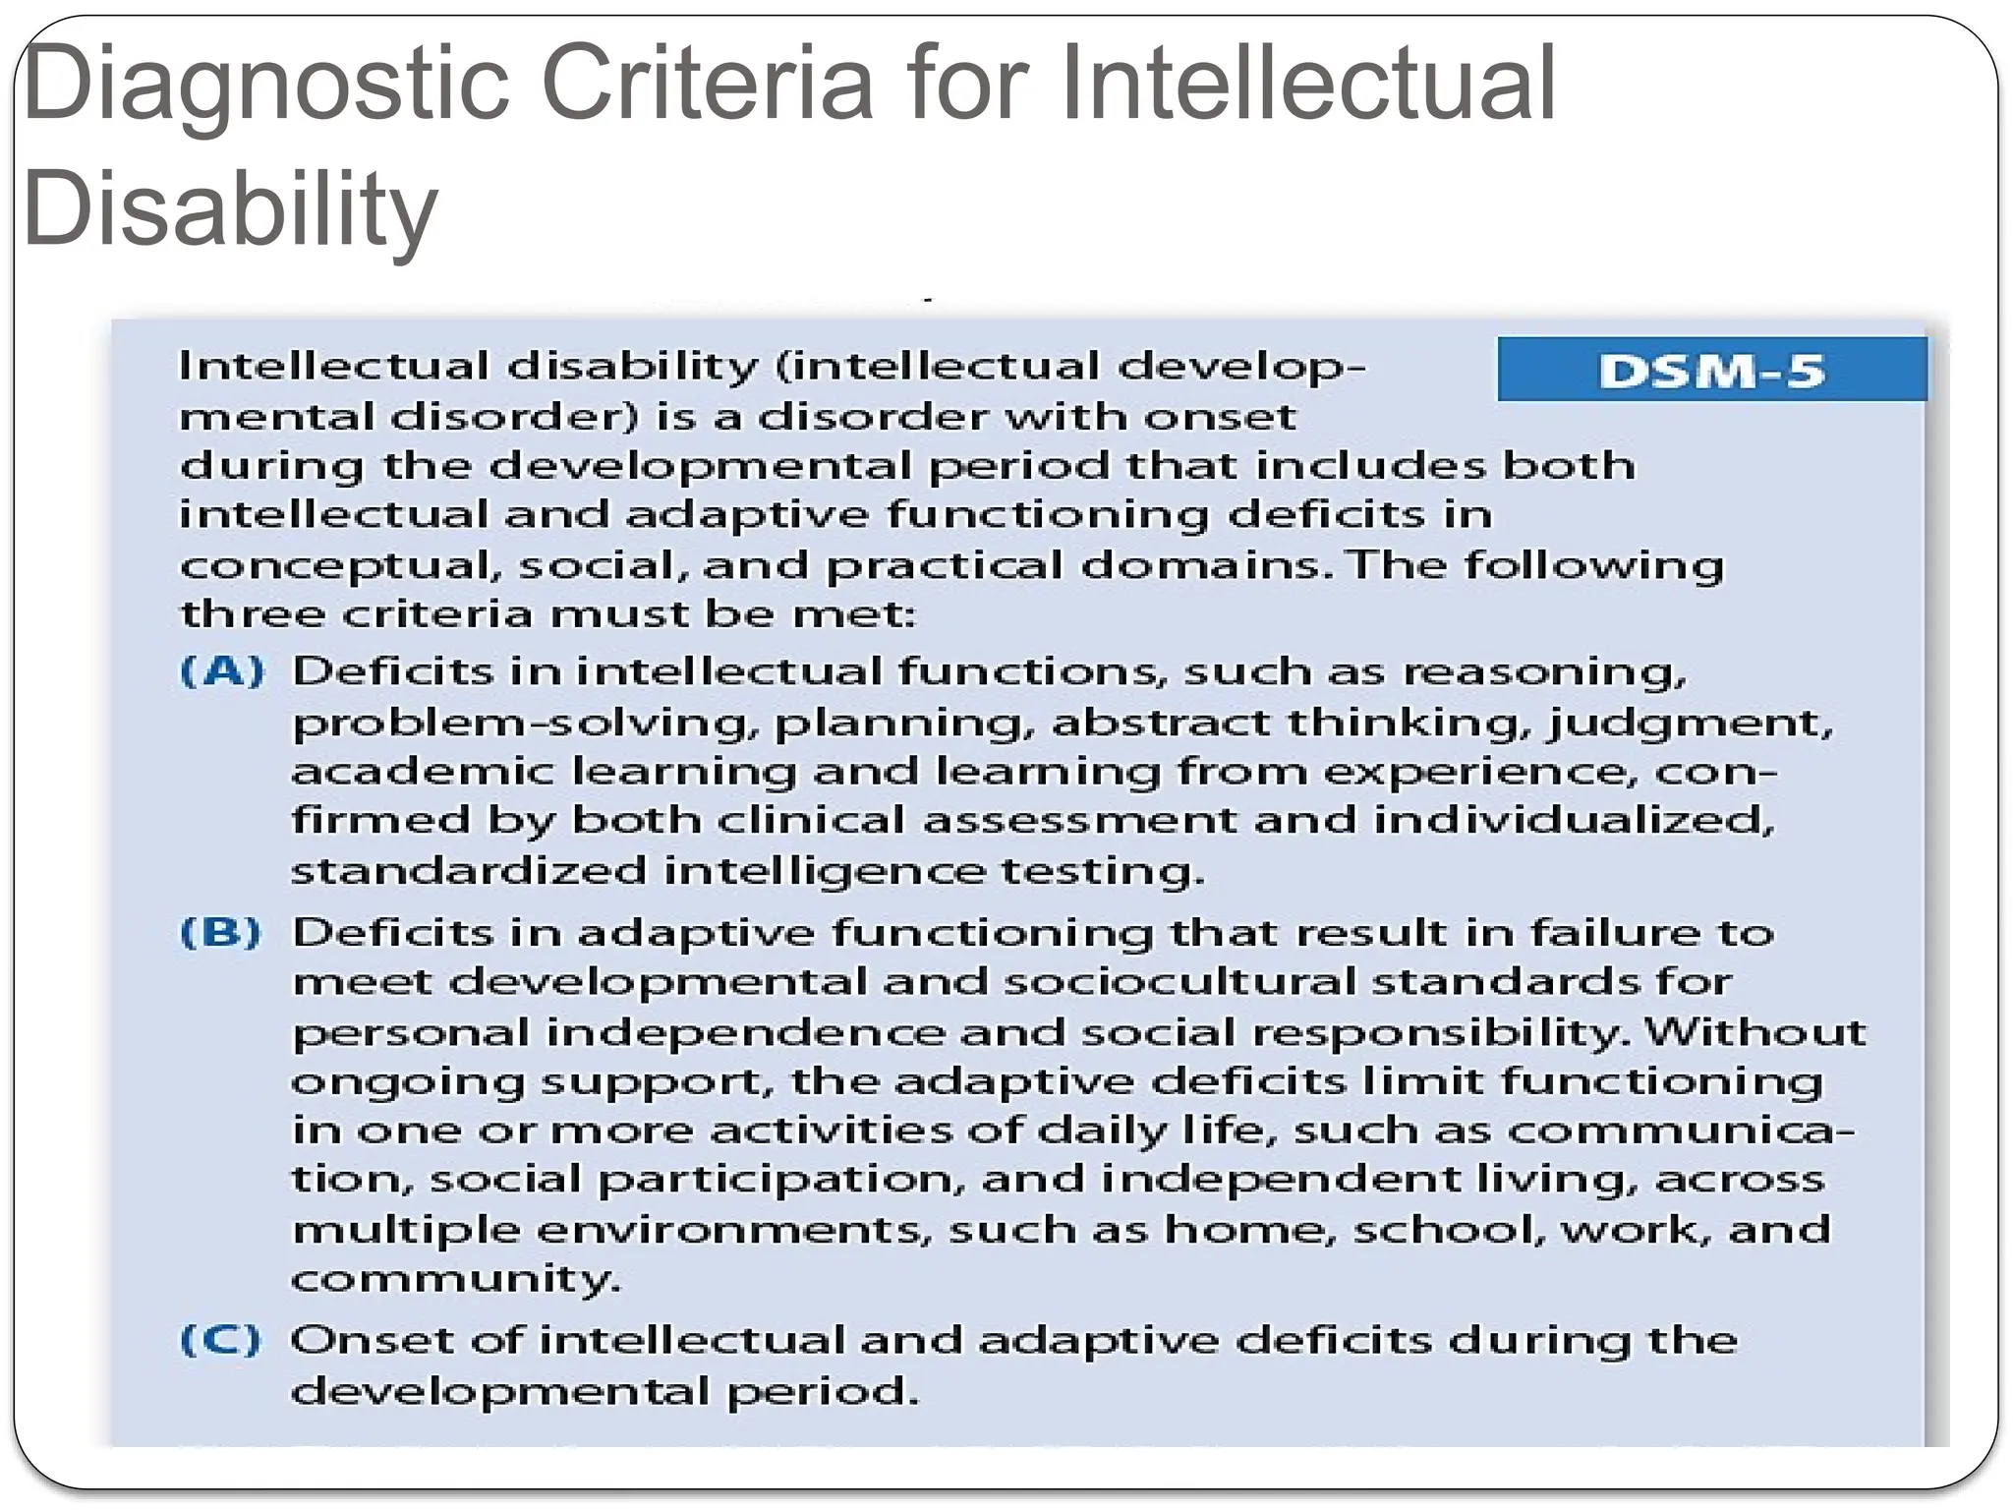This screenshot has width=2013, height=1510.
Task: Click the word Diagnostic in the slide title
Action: tap(265, 87)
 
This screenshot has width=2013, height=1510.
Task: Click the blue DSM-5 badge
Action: tap(1711, 371)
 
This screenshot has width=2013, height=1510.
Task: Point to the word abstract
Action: tap(1161, 723)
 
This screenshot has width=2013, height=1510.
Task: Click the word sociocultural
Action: tap(1179, 981)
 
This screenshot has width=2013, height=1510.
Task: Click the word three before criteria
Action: tap(253, 614)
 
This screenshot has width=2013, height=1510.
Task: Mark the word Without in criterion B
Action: tap(1754, 1031)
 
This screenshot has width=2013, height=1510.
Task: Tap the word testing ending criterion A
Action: tap(1102, 872)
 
